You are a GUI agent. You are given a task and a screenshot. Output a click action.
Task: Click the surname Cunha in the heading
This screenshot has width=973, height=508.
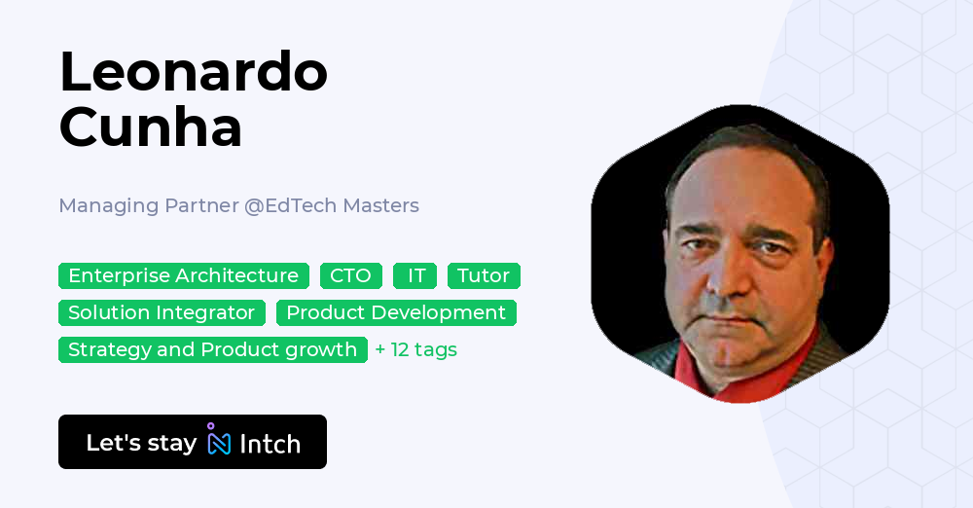coord(151,127)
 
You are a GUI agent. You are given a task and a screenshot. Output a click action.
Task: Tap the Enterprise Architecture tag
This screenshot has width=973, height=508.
coord(183,276)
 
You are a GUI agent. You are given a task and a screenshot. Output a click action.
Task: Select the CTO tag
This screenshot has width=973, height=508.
coord(350,276)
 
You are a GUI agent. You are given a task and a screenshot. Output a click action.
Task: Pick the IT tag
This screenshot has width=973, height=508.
coord(415,276)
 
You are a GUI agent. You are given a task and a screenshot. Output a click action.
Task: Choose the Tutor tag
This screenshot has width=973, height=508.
coord(484,276)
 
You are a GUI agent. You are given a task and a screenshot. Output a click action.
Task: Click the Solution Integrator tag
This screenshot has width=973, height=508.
coord(162,313)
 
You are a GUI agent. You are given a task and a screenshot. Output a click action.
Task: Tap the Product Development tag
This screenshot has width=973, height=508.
coord(396,313)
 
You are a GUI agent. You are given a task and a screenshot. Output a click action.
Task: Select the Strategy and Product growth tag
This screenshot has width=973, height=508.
coord(212,350)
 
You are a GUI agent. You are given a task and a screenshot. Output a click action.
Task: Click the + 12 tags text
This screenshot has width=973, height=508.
coord(416,350)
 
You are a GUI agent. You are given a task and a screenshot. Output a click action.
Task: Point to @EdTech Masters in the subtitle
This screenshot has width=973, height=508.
coord(332,206)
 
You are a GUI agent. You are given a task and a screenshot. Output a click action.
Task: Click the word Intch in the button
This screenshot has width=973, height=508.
coord(270,444)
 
